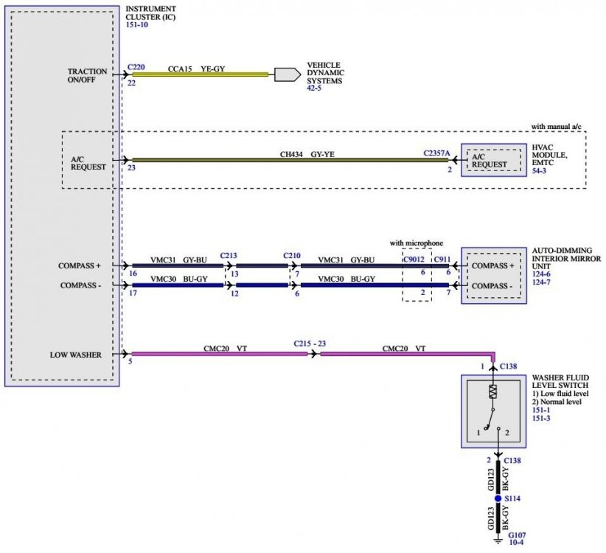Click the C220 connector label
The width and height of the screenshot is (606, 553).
click(x=136, y=66)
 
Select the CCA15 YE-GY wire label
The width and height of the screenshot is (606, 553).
click(x=196, y=68)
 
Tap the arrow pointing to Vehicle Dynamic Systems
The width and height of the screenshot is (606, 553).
click(x=283, y=74)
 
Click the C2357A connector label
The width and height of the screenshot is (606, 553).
click(x=437, y=153)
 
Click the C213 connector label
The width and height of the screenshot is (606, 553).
click(x=229, y=255)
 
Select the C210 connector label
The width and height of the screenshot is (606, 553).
click(x=293, y=255)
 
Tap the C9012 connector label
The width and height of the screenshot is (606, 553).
click(x=415, y=260)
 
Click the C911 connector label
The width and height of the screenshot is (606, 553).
click(x=442, y=260)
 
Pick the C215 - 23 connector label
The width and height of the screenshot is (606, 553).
click(x=309, y=344)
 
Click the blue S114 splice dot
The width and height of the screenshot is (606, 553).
click(x=498, y=499)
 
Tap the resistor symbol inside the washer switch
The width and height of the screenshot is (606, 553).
click(x=493, y=391)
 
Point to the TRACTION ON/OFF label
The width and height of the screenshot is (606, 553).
click(x=87, y=77)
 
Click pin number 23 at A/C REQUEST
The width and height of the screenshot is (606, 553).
click(x=132, y=168)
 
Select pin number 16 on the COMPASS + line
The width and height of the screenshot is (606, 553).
click(x=132, y=273)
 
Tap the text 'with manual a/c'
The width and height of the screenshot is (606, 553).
click(x=557, y=127)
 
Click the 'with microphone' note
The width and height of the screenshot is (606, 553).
click(x=418, y=243)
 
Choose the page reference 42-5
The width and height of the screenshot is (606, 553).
click(x=314, y=89)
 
